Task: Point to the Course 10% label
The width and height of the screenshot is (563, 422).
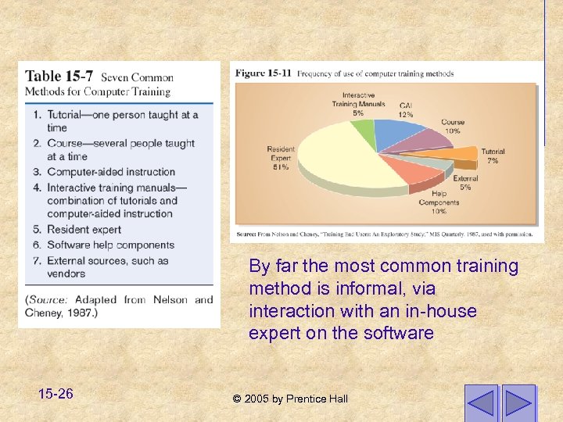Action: tap(452, 127)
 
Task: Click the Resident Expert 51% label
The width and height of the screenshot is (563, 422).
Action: tap(280, 158)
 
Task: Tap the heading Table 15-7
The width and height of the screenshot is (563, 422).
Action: tap(59, 77)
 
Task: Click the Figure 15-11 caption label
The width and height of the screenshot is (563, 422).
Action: tap(264, 73)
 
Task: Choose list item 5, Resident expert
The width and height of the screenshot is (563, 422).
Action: tap(84, 230)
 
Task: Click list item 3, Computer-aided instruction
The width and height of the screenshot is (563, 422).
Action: tap(110, 172)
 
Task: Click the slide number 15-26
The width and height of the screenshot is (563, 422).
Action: tap(55, 394)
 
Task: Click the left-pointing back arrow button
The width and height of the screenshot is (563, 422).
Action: tap(480, 402)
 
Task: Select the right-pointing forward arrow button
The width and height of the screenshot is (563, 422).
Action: tap(518, 402)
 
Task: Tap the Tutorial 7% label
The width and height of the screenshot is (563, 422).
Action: tap(493, 156)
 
